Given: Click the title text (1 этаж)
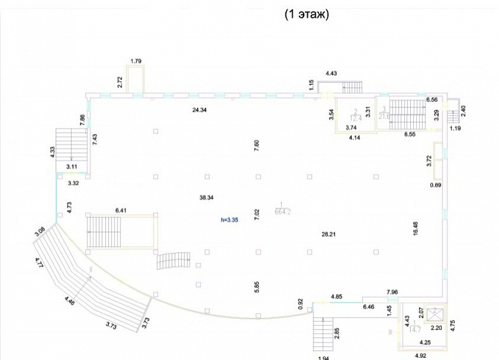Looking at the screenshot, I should coord(307,15).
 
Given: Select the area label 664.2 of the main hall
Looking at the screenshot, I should coord(282,212).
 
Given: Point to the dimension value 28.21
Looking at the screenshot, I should coord(329,233).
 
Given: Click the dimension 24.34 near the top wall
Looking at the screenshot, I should coord(201,110).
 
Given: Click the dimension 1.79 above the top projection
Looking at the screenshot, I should coord(136,60).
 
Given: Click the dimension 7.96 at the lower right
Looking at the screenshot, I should coord(392,292).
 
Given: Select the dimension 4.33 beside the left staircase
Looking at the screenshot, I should coord(53,151).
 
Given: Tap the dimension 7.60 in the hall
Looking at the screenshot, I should coord(257,145).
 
